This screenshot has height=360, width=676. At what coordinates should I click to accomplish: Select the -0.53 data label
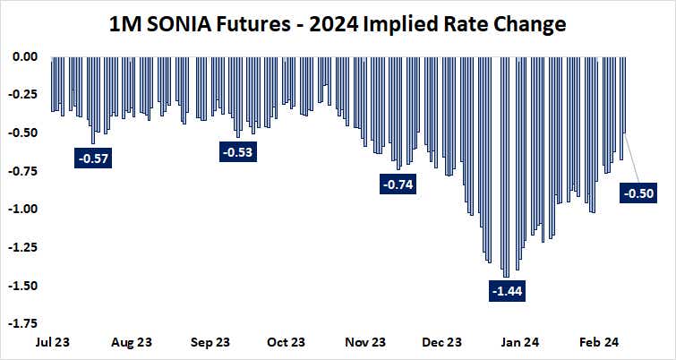tap(236, 152)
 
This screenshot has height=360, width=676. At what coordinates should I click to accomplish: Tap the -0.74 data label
tap(398, 184)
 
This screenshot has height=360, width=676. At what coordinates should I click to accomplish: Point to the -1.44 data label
tap(507, 291)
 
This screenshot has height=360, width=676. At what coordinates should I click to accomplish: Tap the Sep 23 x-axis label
tap(211, 342)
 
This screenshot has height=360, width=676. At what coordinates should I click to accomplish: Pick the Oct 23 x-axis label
tap(287, 342)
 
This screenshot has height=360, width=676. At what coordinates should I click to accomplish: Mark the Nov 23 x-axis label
tap(365, 342)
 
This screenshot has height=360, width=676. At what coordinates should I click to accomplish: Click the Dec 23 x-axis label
tap(442, 342)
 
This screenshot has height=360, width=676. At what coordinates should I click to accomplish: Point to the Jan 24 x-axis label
tap(519, 342)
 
